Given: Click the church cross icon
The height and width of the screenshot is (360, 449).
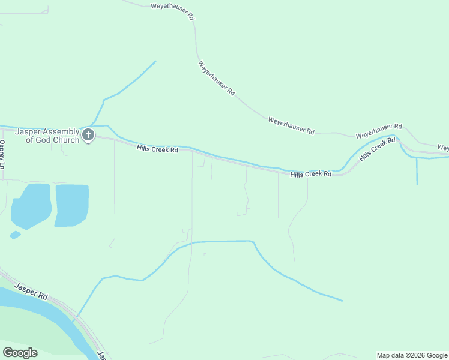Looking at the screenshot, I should coord(88,135).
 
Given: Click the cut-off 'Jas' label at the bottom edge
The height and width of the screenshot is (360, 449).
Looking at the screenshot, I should coord(101,355).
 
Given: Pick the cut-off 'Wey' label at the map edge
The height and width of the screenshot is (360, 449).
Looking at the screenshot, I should coord(443,147).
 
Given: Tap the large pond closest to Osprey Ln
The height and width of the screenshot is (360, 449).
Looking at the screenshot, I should coord(30,205).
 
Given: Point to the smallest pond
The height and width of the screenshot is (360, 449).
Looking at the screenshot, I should coord(15,235).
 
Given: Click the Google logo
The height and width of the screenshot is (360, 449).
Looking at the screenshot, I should coord(20,353).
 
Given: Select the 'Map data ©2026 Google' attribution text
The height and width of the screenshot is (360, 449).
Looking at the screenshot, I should coord(412,355).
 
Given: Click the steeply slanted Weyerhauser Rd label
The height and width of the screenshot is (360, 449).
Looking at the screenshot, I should coord(215,78).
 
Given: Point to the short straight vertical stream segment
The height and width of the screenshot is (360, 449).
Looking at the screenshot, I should coord(417,172).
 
